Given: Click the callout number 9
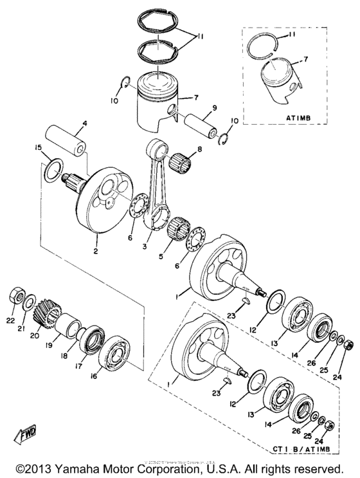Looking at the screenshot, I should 214,107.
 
